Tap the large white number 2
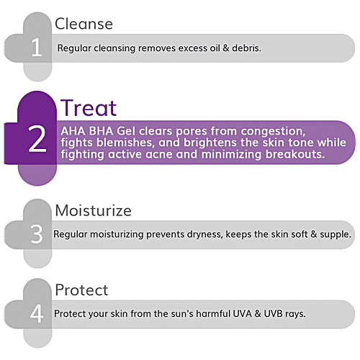pos(37,141)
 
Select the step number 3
pos(37,234)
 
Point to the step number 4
pos(37,315)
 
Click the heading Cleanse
pos(84,24)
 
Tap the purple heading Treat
pos(89,108)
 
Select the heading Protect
pos(81,290)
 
